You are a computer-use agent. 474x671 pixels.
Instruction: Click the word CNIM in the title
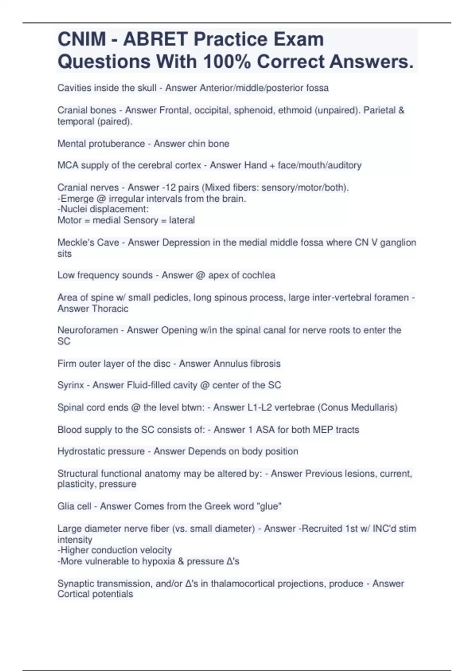82,39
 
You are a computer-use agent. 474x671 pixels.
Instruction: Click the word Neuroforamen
88,330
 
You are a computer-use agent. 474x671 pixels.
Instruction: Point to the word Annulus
230,364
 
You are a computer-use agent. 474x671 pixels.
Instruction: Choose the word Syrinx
71,385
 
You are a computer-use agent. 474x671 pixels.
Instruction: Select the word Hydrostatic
81,451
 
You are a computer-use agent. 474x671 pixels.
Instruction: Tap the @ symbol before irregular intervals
101,199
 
